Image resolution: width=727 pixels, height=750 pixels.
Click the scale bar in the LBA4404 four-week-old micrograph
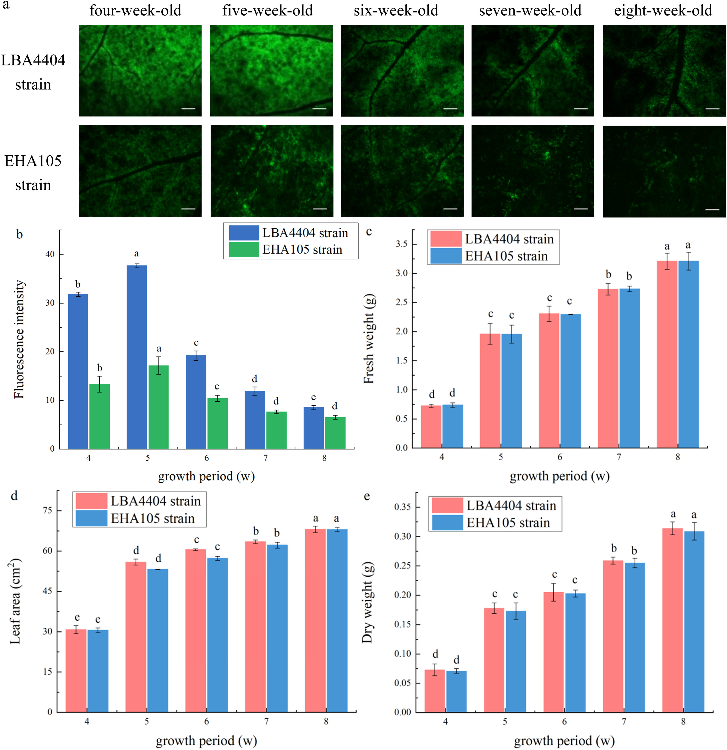click(188, 109)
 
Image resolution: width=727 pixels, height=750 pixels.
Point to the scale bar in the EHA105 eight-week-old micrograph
click(712, 209)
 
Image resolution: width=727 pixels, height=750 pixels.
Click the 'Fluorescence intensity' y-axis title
click(19, 339)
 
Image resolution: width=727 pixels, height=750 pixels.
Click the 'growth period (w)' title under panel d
click(206, 741)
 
